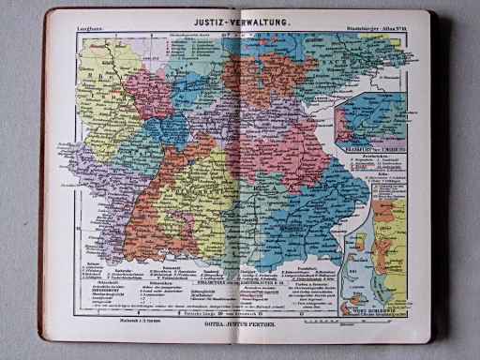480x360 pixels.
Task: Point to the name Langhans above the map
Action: (x=92, y=33)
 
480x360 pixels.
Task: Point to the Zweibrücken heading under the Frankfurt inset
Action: (x=369, y=155)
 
